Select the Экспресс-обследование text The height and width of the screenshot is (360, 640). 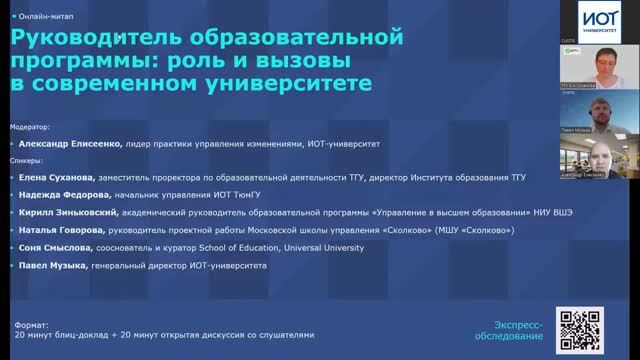pos(520,329)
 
